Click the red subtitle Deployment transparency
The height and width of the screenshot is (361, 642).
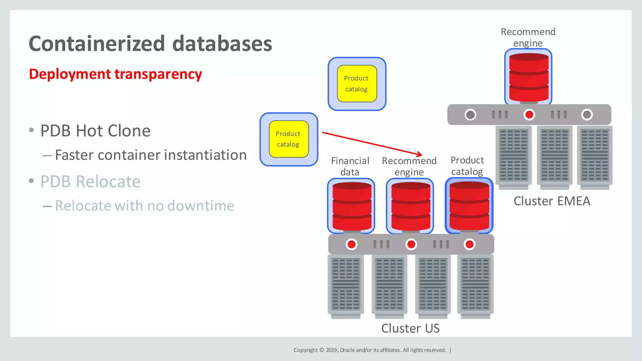[x=115, y=74]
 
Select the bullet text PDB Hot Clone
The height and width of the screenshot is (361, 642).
[x=95, y=131]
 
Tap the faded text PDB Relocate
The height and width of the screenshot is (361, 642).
[x=90, y=182]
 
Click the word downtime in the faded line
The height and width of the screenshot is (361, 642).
[x=201, y=206]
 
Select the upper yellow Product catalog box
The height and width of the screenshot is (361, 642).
[x=357, y=84]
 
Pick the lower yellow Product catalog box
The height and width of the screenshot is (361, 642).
[x=288, y=139]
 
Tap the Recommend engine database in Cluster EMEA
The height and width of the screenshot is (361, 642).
[x=529, y=77]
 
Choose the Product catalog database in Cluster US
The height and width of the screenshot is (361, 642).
[x=469, y=206]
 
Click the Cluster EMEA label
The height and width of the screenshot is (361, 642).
[x=552, y=201]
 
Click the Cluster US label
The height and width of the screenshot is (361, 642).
[x=410, y=328]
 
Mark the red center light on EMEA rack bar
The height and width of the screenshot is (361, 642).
[x=529, y=115]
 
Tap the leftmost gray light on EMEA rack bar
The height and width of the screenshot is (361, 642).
[x=470, y=115]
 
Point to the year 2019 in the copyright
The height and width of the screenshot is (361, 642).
[x=331, y=350]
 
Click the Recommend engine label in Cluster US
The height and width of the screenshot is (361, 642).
[x=409, y=166]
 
